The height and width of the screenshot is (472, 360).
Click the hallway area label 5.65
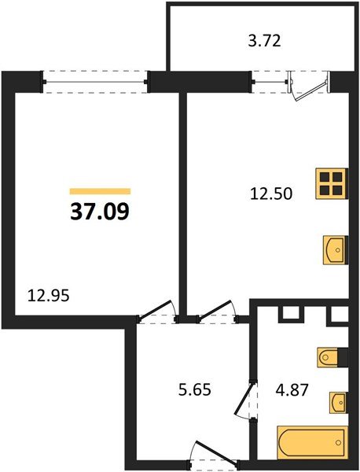tap(194, 388)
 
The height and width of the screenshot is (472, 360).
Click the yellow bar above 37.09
tap(100, 190)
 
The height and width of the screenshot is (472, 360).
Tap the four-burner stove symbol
tap(333, 184)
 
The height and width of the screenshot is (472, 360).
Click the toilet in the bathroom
tap(330, 358)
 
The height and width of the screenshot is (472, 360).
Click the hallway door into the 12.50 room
tap(217, 312)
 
